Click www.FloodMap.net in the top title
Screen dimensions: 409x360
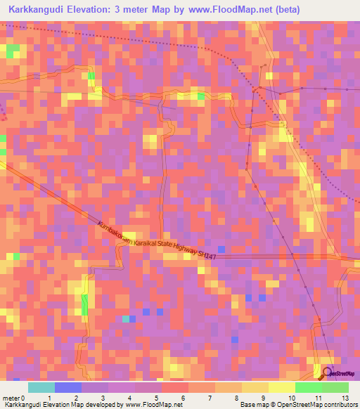pos(236,10)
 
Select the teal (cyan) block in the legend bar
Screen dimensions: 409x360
pos(41,387)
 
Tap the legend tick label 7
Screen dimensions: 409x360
pos(184,398)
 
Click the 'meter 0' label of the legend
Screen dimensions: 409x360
pos(15,398)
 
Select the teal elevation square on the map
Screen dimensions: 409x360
pos(127,319)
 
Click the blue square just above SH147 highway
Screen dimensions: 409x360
pos(221,249)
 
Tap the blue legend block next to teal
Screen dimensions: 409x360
pos(67,387)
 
